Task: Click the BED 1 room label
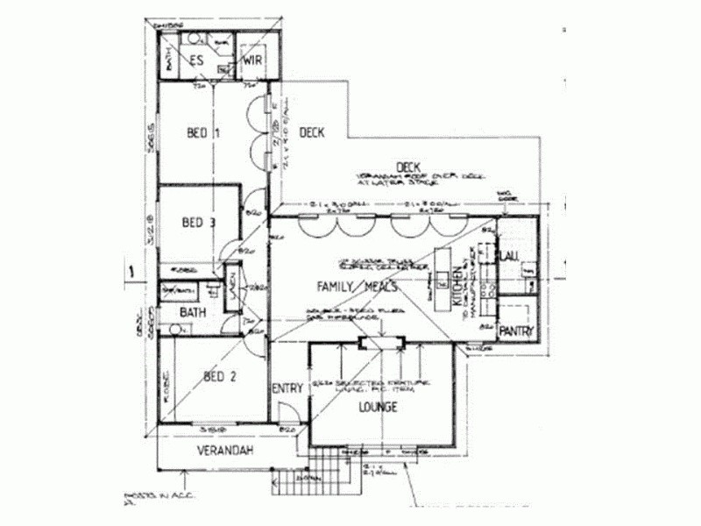coord(202,133)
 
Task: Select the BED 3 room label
coord(198,223)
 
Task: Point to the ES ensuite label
coord(198,60)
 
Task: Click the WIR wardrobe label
coord(252,60)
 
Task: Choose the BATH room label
coord(193,312)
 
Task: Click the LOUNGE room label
coord(378,407)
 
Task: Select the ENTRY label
coord(287,389)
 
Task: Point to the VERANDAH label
coord(225,451)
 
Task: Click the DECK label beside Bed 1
coord(312,133)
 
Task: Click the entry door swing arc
coord(287,413)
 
